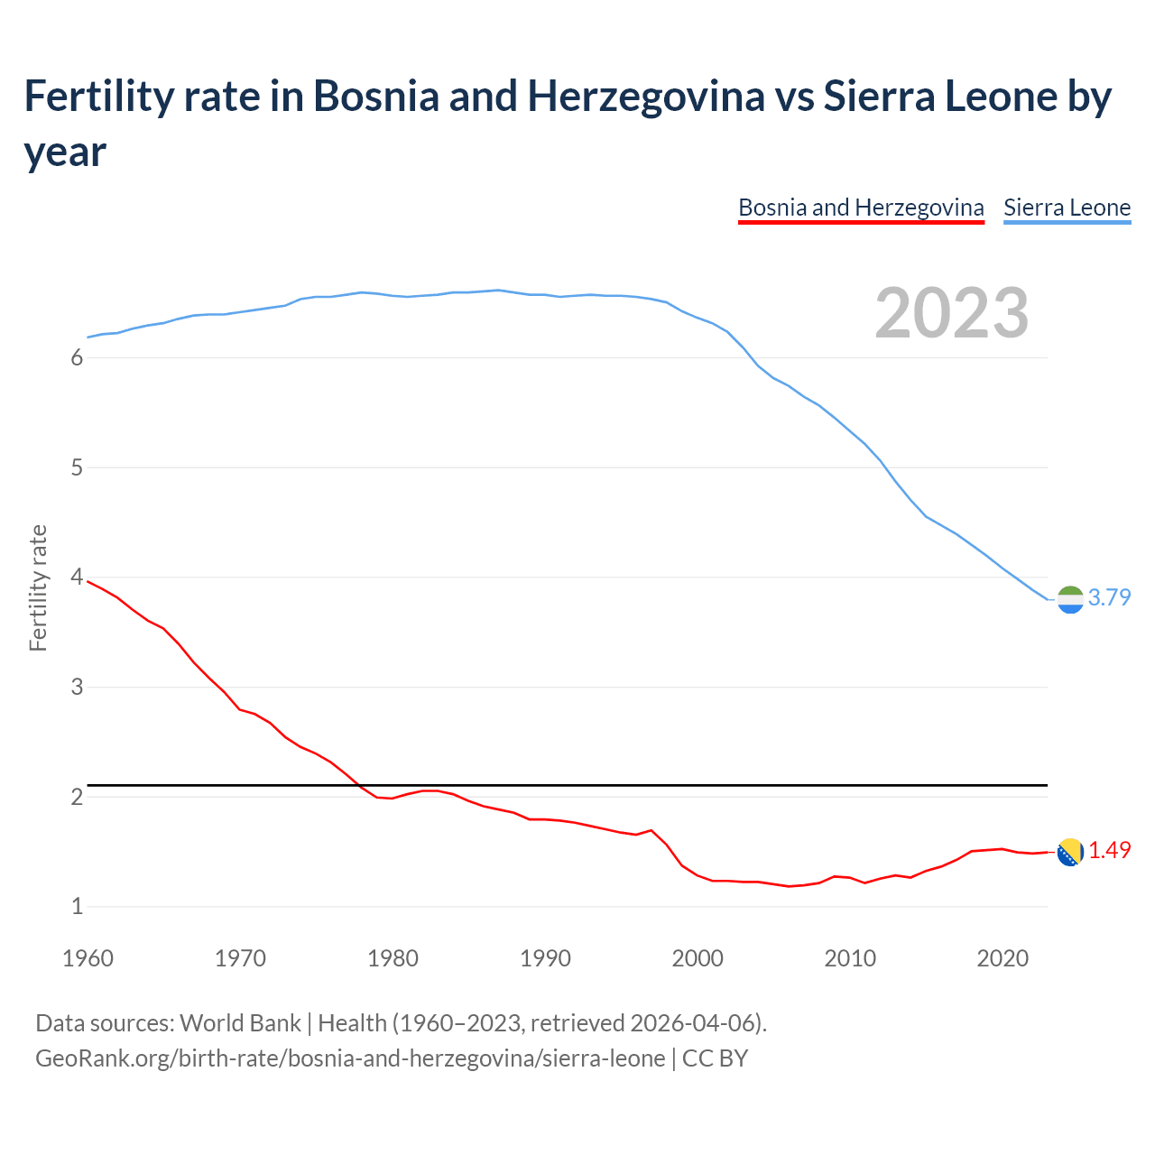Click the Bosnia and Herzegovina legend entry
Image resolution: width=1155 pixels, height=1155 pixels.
[x=861, y=208]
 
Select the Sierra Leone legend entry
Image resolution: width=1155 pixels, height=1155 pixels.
[x=1067, y=208]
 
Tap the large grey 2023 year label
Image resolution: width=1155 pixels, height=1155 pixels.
[x=952, y=313]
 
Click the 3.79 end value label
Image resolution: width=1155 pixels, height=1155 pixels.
[x=1109, y=597]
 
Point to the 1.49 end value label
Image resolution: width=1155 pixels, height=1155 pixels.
[x=1109, y=850]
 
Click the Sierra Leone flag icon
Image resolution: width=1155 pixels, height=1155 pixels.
[x=1070, y=599]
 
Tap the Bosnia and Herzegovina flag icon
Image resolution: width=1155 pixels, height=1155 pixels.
[x=1070, y=852]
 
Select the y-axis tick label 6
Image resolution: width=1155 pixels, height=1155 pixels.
[x=77, y=358]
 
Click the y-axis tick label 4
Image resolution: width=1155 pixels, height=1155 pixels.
[x=77, y=577]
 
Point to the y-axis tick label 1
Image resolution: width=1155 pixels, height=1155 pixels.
[x=77, y=907]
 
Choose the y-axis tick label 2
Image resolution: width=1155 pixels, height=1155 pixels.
[x=77, y=797]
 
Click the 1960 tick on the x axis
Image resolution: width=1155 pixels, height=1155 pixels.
[x=88, y=958]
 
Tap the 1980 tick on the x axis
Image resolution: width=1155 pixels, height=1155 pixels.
[x=393, y=958]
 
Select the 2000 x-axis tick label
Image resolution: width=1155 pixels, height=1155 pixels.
[x=698, y=958]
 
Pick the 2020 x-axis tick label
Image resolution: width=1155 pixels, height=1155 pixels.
[x=1003, y=958]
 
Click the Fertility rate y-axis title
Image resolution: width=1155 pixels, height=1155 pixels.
[x=38, y=587]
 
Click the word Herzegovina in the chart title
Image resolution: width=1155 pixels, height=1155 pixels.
[x=645, y=97]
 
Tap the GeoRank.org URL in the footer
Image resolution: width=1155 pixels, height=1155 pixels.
[x=349, y=1058]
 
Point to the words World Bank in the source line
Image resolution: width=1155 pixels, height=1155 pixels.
[x=240, y=1023]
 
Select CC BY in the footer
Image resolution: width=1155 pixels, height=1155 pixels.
[x=715, y=1058]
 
